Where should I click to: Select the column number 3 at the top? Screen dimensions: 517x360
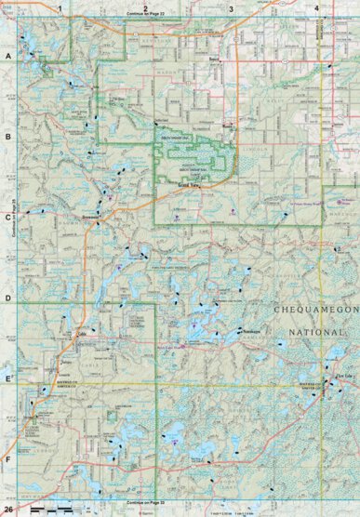231,7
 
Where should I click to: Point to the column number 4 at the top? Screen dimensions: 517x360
317,7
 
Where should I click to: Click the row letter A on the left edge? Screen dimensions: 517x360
7,57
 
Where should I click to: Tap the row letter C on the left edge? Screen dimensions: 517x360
7,219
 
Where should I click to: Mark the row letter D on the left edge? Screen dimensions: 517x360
7,299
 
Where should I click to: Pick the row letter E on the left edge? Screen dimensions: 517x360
7,379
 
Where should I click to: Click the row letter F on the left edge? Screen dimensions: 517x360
7,459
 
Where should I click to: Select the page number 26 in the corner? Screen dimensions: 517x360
9,510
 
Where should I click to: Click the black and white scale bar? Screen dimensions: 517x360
52,510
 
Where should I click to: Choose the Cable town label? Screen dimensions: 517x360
80,333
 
